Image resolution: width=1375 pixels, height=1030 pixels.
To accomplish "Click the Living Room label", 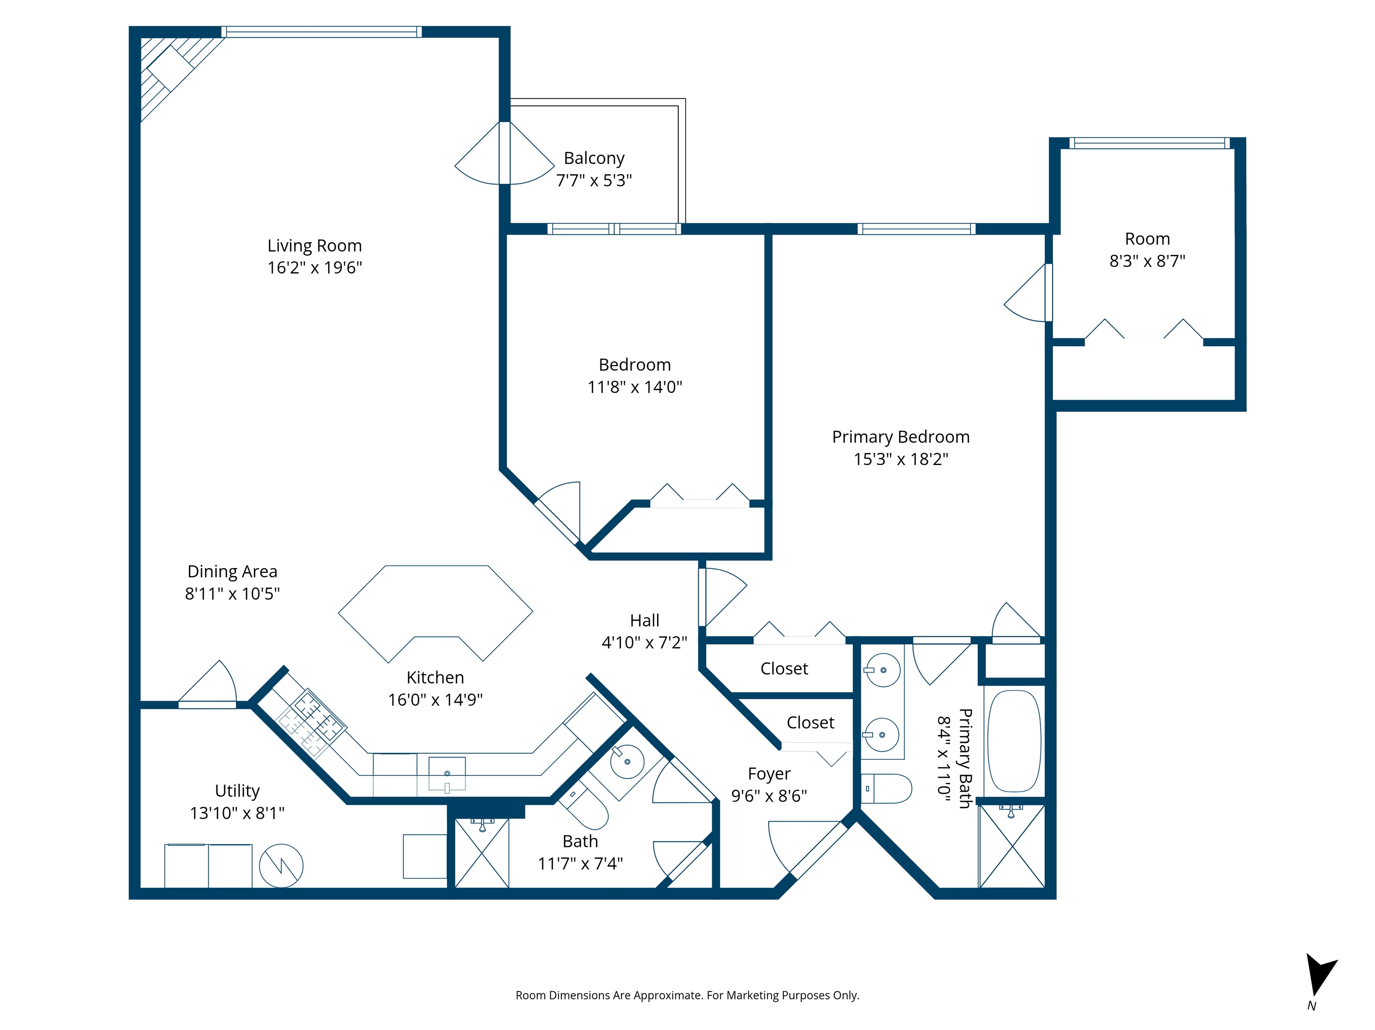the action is (315, 246).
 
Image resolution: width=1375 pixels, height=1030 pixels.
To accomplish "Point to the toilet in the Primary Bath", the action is (886, 788).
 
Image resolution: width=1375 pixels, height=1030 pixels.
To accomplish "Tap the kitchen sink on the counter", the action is (447, 773).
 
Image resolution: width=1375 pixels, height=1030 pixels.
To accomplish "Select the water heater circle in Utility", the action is (281, 865).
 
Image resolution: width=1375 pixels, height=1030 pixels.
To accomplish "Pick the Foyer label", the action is (769, 774).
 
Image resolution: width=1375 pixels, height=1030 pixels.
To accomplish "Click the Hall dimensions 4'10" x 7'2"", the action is (645, 642).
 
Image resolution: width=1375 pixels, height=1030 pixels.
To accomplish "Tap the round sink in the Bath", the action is (627, 761).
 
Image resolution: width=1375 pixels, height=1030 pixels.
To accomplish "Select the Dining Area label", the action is (232, 572).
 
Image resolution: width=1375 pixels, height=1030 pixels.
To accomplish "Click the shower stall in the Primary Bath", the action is (1012, 846).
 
